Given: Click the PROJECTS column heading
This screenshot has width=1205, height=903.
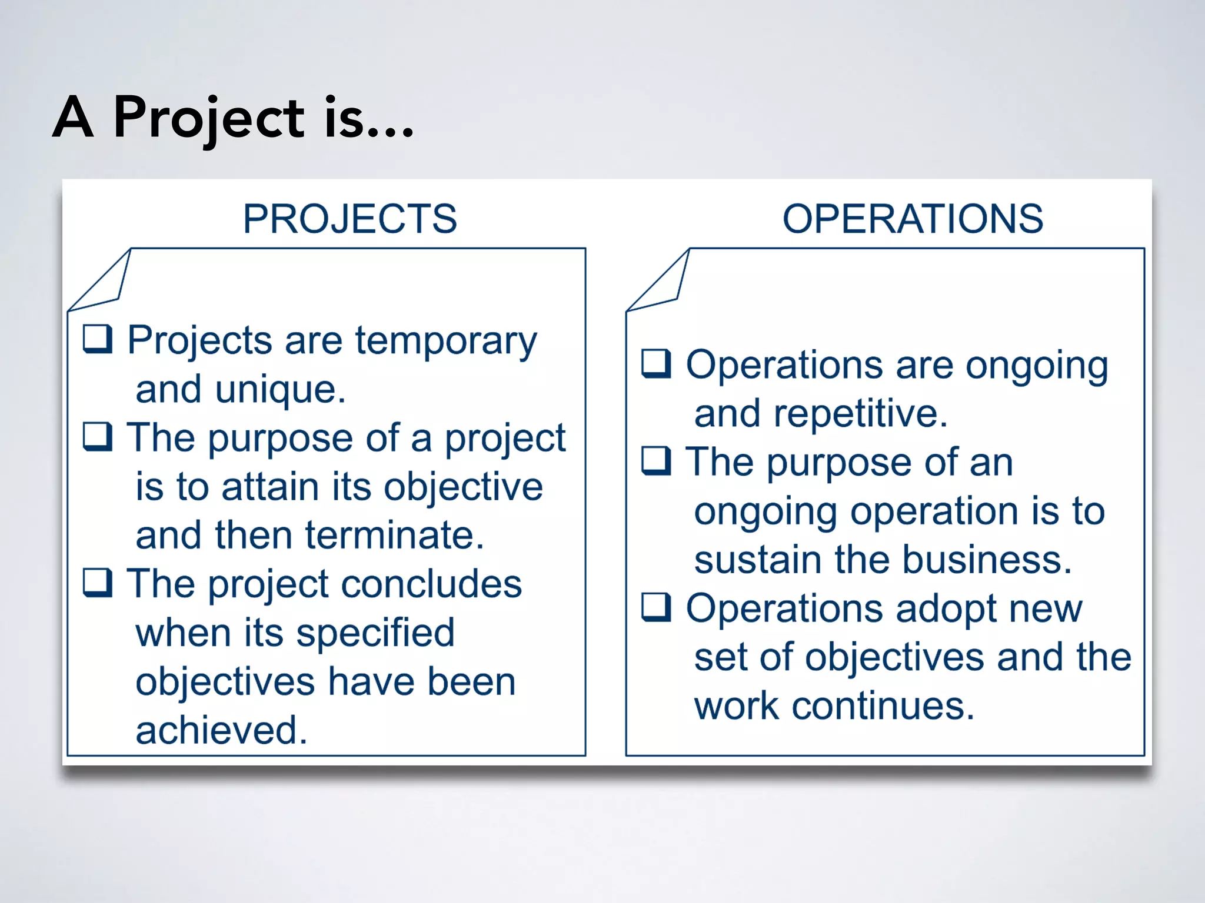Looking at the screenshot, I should pos(350,219).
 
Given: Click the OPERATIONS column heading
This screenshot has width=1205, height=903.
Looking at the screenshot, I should pos(913,219).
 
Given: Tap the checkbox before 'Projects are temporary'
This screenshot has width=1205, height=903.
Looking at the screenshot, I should pos(98,339).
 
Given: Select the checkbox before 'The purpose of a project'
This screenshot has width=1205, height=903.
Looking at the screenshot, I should pos(98,437).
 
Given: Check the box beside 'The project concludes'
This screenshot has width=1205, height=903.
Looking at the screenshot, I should pos(98,583).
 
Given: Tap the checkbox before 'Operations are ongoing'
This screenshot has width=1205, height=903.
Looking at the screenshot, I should pos(656,364).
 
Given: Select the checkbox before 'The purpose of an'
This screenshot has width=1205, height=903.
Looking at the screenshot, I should pos(656,461).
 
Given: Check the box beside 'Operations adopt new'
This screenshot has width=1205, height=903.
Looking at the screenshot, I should pos(656,607).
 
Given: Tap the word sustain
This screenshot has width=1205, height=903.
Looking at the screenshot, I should pos(758,559).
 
